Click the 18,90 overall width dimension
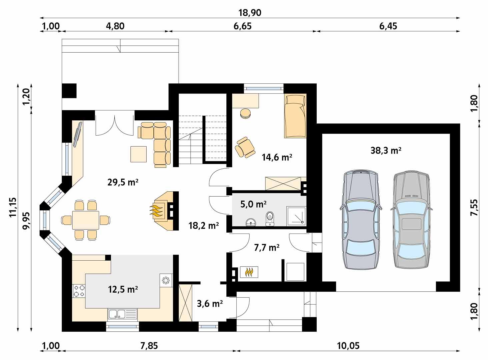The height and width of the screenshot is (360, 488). [250, 13]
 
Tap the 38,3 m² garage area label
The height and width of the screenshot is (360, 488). [386, 151]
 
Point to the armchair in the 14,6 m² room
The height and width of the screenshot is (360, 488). [245, 147]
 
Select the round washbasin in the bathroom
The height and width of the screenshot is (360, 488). [250, 222]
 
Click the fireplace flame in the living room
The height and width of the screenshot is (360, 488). [157, 211]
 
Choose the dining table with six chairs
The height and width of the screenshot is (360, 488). [86, 220]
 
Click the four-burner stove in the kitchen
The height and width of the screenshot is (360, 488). [79, 290]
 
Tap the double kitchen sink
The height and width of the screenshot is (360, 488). [117, 314]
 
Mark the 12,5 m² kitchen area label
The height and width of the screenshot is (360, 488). [123, 289]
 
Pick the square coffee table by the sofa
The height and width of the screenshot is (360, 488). [138, 154]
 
